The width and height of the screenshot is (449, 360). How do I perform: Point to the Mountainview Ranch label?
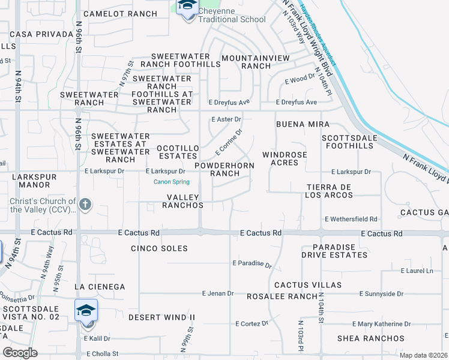255,62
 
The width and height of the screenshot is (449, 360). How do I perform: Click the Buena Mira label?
303,124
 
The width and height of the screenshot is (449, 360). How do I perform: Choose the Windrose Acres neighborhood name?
285,158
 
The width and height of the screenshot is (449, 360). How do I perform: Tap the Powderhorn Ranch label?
224,169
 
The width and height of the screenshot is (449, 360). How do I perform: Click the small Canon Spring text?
172,182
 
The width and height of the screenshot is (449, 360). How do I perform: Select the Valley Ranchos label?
183,201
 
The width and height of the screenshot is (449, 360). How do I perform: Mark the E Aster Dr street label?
226,119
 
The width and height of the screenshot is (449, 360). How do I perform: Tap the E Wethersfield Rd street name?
351,220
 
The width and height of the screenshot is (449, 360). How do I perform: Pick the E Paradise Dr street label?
252,263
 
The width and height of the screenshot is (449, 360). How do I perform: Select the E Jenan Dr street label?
218,293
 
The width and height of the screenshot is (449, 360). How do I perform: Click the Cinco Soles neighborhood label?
159,248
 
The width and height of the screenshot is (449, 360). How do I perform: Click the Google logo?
20,353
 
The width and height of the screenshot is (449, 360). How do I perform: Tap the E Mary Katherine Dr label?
382,324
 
